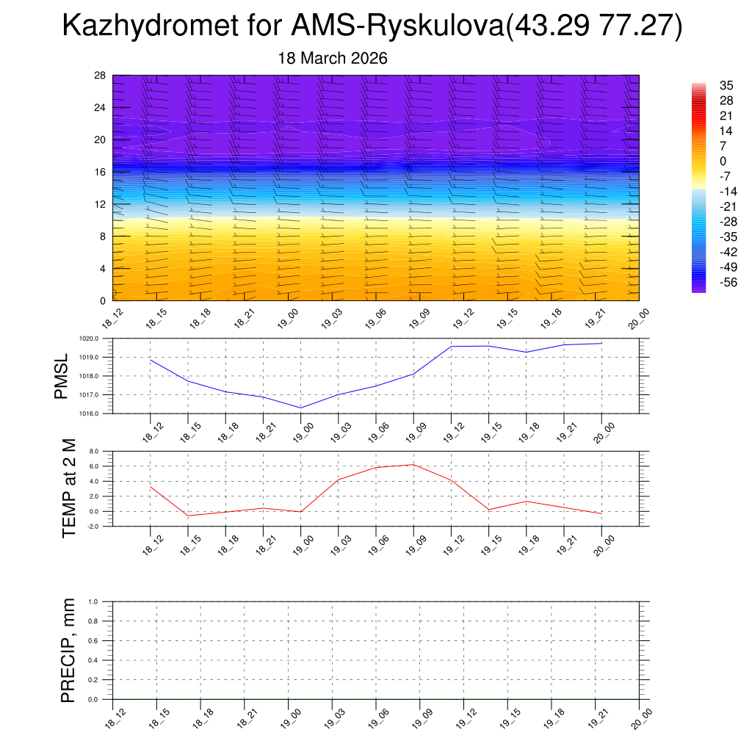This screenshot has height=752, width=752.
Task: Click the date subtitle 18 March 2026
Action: [333, 58]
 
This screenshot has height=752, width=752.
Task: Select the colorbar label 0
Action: [723, 161]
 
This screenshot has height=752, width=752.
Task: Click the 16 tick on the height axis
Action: [101, 172]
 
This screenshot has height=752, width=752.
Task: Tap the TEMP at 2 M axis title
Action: [69, 488]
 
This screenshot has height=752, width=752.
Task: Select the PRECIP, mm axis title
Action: [68, 650]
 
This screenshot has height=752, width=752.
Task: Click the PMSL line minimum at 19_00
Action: [301, 408]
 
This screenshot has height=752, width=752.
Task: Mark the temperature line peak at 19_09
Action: [413, 464]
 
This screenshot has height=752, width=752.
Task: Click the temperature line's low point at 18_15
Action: [188, 516]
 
